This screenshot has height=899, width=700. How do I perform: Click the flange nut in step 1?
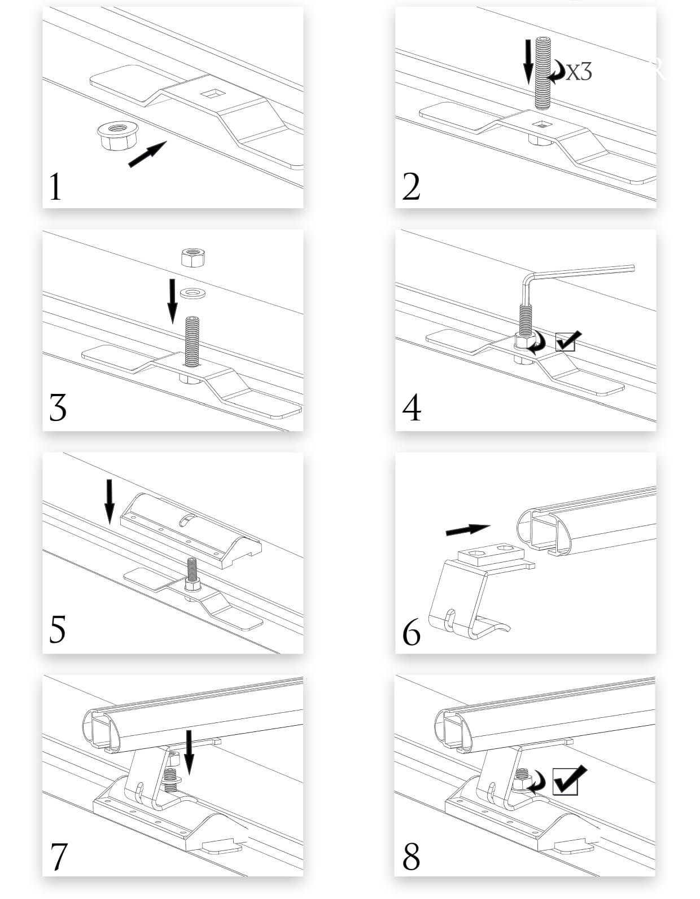click(x=117, y=135)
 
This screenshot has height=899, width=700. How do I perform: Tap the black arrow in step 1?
click(x=147, y=154)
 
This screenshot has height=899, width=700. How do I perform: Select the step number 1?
click(x=55, y=187)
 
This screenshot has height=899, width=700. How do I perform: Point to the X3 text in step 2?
click(x=579, y=72)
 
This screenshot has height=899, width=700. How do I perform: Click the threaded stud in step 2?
click(x=543, y=73)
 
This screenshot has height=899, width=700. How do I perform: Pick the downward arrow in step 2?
click(x=528, y=62)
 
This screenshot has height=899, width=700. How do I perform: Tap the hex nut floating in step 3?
click(x=193, y=257)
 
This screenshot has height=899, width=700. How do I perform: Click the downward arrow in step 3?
click(x=173, y=301)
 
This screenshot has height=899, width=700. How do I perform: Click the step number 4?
click(x=412, y=407)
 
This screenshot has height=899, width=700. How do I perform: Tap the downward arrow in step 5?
click(x=109, y=502)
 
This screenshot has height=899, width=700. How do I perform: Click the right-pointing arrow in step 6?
click(x=468, y=529)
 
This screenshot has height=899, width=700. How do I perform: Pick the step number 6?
click(x=411, y=632)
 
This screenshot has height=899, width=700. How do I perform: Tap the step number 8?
click(x=411, y=855)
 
